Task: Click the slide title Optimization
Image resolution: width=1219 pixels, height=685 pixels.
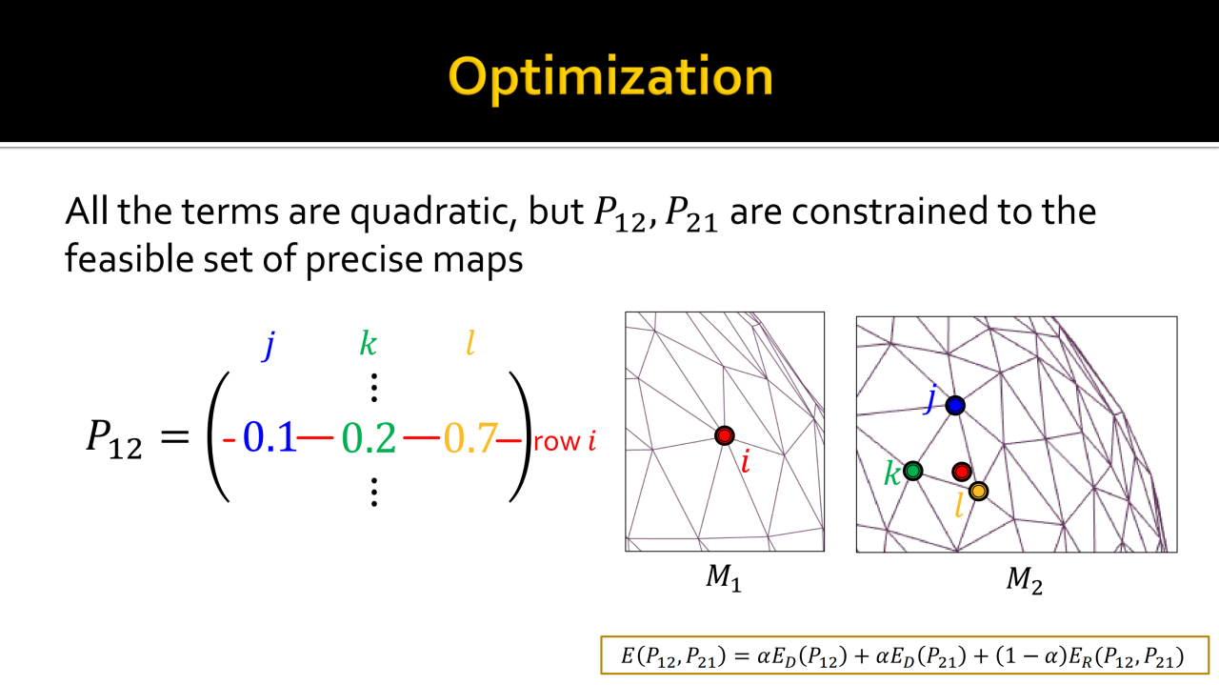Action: click(x=610, y=77)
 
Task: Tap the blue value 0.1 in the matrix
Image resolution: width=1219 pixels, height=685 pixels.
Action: click(x=270, y=437)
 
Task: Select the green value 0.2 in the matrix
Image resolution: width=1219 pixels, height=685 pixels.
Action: click(x=369, y=437)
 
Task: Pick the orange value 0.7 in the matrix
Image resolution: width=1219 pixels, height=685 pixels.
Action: click(x=470, y=437)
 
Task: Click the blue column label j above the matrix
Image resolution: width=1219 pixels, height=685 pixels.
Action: click(x=269, y=345)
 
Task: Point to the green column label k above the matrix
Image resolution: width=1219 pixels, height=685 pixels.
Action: click(x=369, y=344)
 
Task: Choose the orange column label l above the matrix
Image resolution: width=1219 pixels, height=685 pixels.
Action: click(x=470, y=344)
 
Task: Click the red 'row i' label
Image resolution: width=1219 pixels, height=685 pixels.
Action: click(x=565, y=441)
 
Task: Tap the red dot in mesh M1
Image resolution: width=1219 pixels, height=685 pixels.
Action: click(x=725, y=435)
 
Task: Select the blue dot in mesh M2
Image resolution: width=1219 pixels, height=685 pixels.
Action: click(x=955, y=405)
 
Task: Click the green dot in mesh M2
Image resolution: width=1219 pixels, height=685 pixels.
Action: click(x=912, y=471)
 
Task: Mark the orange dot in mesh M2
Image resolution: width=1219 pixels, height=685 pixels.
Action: click(x=978, y=492)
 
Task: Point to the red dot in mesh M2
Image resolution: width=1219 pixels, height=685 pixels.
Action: click(x=962, y=472)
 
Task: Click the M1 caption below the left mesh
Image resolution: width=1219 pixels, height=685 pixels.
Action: click(x=724, y=577)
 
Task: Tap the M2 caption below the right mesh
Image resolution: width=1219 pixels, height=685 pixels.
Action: click(x=1024, y=580)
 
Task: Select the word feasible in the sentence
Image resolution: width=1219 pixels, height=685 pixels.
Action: click(x=129, y=258)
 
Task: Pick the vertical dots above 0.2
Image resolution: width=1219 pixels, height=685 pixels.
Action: click(x=374, y=388)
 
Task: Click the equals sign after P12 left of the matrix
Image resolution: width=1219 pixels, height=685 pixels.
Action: click(x=175, y=436)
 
